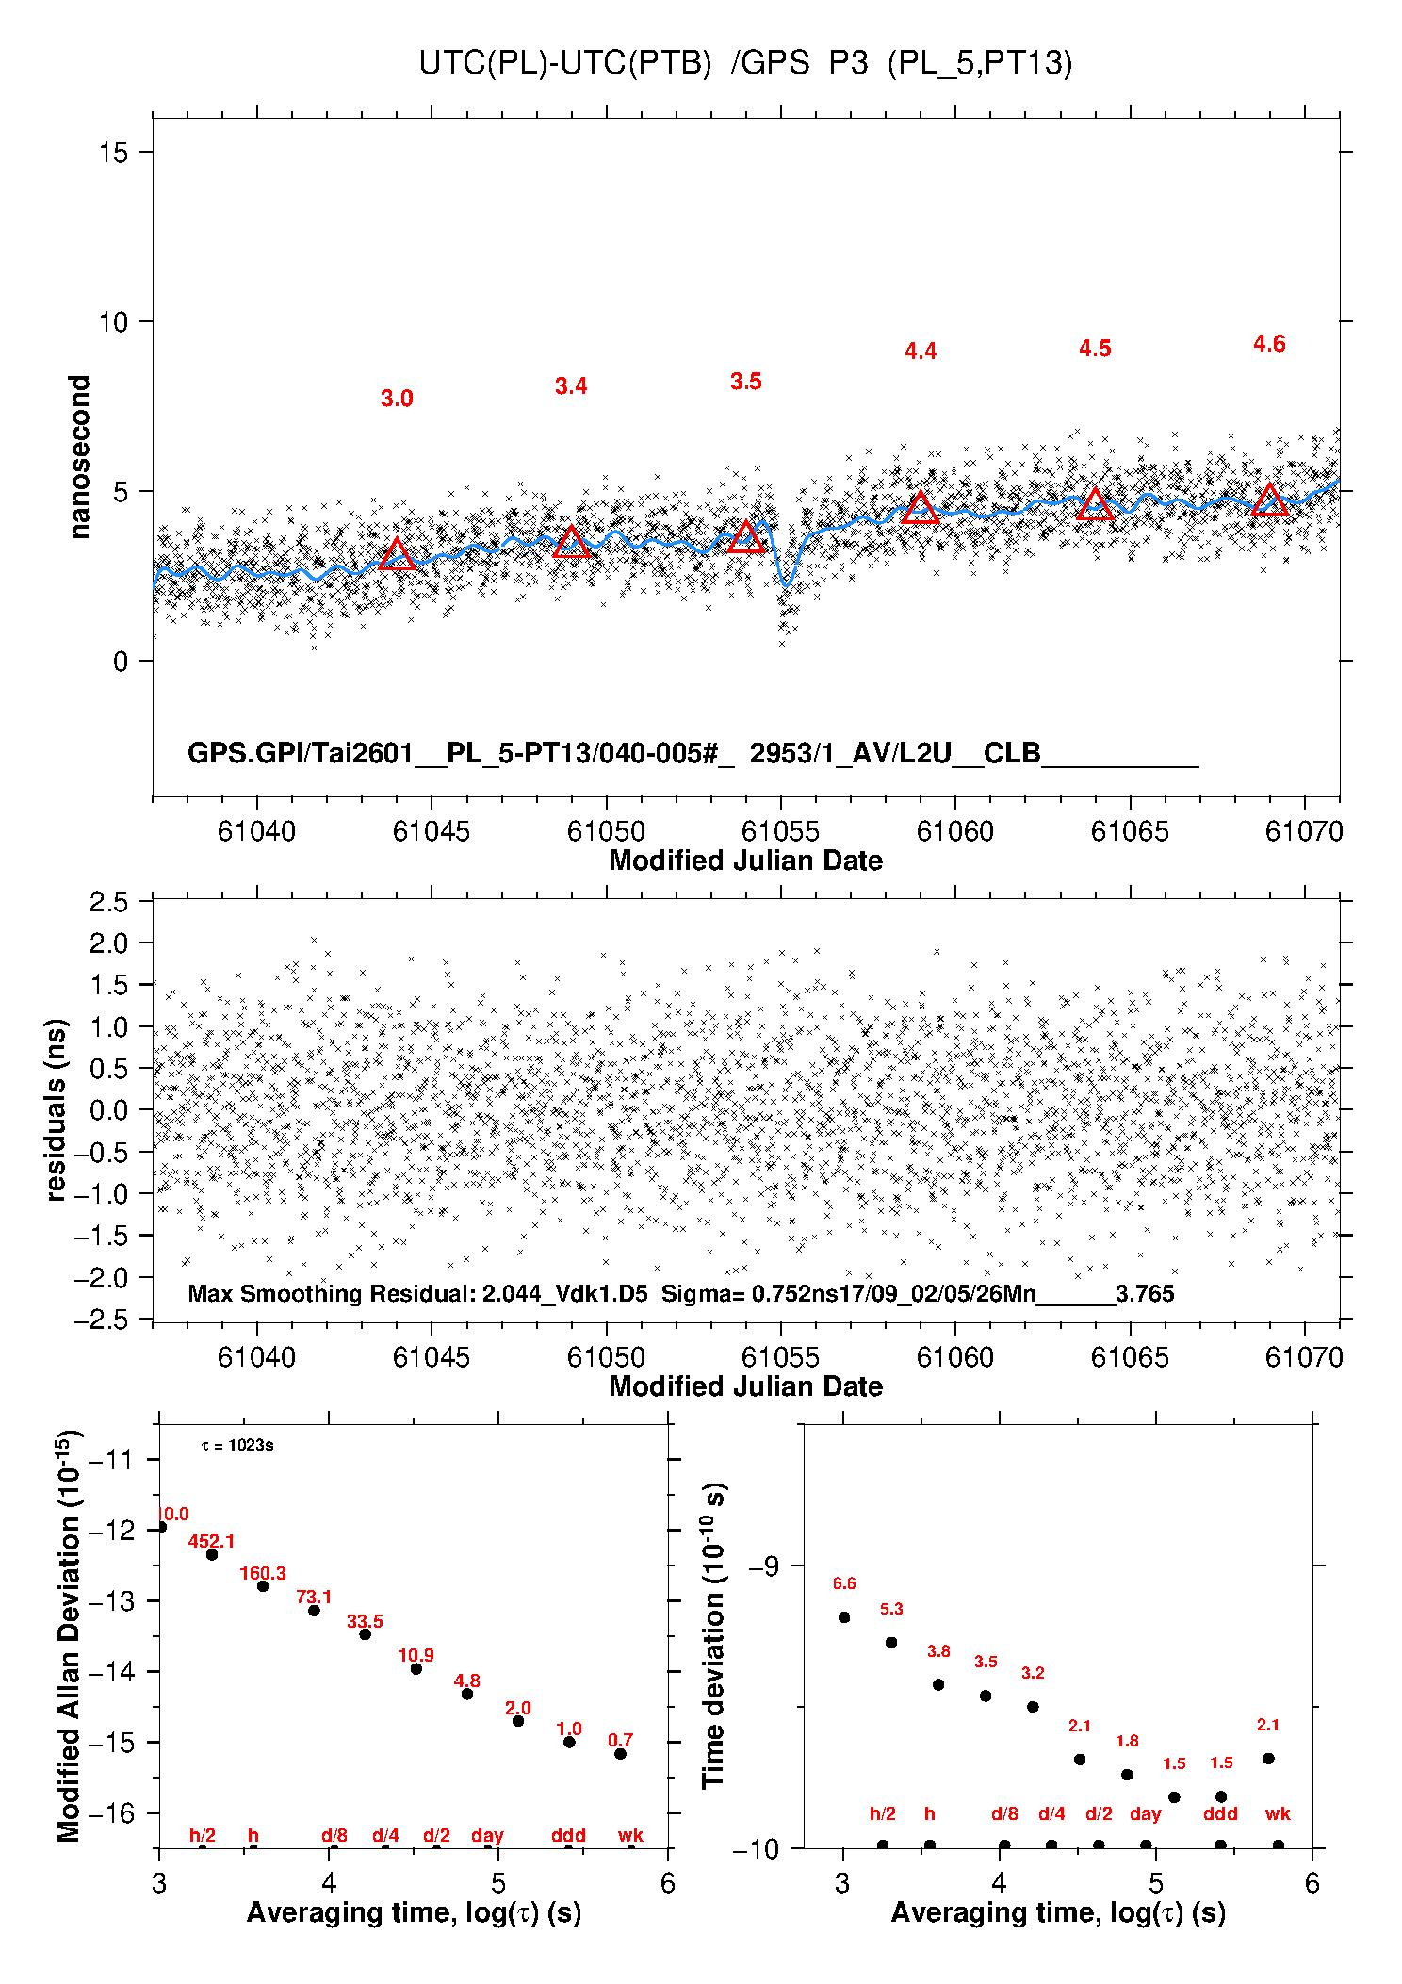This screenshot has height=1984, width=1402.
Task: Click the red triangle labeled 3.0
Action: coord(397,555)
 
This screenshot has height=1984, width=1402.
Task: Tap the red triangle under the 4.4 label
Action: coord(921,509)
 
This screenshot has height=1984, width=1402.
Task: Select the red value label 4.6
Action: coord(1269,344)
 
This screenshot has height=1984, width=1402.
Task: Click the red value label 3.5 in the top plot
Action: coord(745,382)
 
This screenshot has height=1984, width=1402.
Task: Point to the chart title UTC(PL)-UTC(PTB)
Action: coord(565,63)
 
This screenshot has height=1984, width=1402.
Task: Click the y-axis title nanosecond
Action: coord(80,456)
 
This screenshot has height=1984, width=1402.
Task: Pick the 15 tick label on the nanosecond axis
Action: coord(113,153)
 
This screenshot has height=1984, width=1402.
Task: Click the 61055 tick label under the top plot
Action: coord(780,831)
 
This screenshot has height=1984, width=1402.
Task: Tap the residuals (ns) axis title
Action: coord(57,1109)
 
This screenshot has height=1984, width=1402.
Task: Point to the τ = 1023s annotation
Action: coord(237,1445)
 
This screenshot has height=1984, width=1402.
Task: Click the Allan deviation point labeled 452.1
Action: coord(212,1554)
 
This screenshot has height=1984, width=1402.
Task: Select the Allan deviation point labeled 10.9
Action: coord(416,1668)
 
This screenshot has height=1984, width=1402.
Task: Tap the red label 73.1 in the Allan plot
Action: coord(314,1597)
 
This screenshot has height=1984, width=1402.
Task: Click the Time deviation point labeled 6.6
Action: coord(844,1616)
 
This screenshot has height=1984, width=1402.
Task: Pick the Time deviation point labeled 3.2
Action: coord(1033,1706)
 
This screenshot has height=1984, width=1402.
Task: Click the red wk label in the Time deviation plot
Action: coord(1278,1813)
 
